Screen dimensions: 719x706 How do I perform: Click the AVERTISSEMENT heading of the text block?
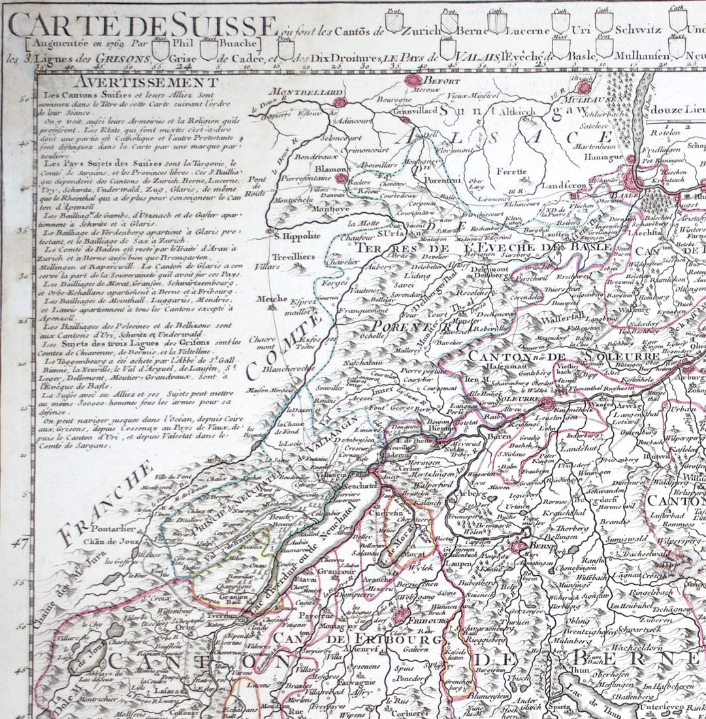click(x=146, y=82)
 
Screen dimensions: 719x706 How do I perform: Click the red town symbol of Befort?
click(x=413, y=80)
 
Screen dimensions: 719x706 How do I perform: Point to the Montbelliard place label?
click(x=297, y=92)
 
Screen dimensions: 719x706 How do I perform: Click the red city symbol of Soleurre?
click(x=546, y=405)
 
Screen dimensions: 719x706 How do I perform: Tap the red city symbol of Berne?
click(x=519, y=546)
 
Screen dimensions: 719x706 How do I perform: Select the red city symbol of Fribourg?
click(x=400, y=616)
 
